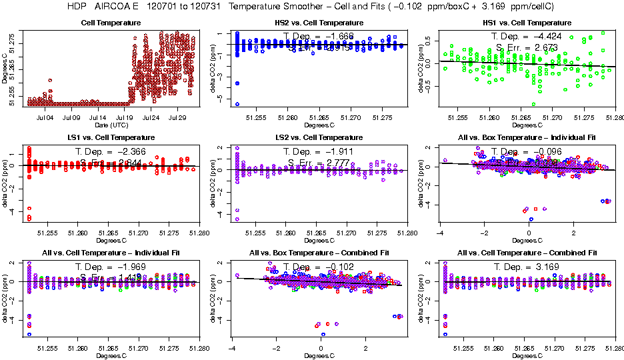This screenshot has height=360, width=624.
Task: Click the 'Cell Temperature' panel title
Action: pyautogui.click(x=111, y=23)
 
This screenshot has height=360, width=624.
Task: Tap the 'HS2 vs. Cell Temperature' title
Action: pyautogui.click(x=319, y=23)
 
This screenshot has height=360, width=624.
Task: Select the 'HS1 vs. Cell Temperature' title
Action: pyautogui.click(x=527, y=23)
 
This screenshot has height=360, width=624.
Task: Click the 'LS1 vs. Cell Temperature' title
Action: pyautogui.click(x=111, y=137)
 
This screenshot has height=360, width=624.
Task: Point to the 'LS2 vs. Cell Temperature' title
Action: pyautogui.click(x=319, y=137)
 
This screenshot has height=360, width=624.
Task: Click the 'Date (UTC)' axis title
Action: pyautogui.click(x=111, y=125)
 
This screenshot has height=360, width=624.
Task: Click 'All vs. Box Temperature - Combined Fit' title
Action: pyautogui.click(x=319, y=253)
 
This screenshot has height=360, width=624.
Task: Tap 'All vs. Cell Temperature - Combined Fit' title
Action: pyautogui.click(x=527, y=253)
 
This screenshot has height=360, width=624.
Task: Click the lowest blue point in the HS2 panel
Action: pyautogui.click(x=237, y=105)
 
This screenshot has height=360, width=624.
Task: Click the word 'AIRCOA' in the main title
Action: pyautogui.click(x=113, y=7)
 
